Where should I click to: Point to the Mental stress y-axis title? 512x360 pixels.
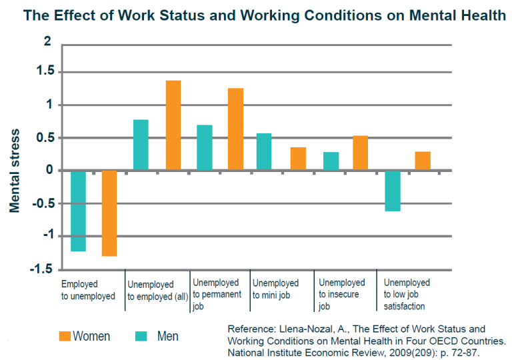15,171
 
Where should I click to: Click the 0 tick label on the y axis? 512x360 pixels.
47,171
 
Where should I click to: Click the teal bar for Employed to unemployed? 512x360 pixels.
78,211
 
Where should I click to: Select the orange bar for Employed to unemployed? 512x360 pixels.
109,213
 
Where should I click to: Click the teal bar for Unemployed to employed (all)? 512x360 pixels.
141,145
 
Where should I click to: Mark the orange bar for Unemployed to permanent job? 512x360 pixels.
235,129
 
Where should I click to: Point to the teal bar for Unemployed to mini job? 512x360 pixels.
264,152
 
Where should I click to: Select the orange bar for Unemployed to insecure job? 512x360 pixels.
361,153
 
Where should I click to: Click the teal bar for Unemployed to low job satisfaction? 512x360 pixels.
393,191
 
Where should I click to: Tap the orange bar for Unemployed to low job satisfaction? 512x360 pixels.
423,161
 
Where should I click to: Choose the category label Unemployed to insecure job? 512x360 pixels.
341,295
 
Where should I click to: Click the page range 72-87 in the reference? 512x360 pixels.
464,351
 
